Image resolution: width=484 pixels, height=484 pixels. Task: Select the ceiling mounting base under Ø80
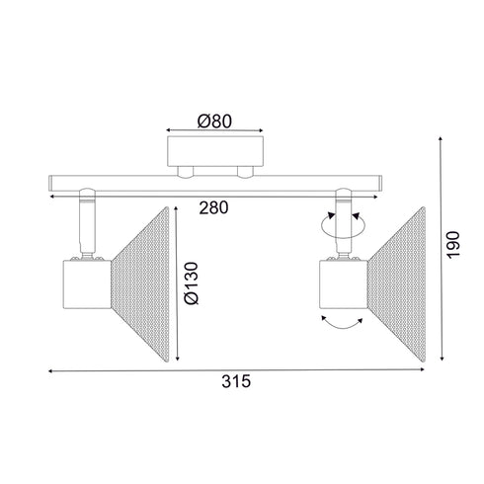pos(216,153)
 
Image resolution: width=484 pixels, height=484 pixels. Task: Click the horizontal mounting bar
pos(216,184)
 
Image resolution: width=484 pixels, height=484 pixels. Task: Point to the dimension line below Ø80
pos(216,129)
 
